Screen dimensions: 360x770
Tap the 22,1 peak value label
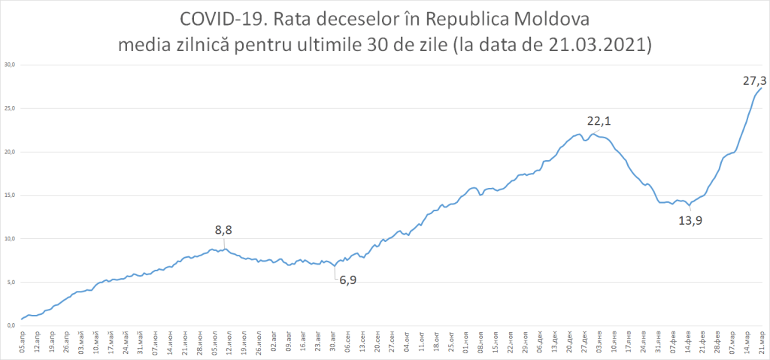point(600,120)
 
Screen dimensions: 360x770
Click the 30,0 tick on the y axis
point(11,65)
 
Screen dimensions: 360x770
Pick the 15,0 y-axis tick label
point(11,195)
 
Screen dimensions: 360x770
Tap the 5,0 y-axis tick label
point(11,283)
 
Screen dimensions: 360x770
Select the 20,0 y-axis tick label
point(11,152)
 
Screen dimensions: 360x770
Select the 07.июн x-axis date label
point(156,343)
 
